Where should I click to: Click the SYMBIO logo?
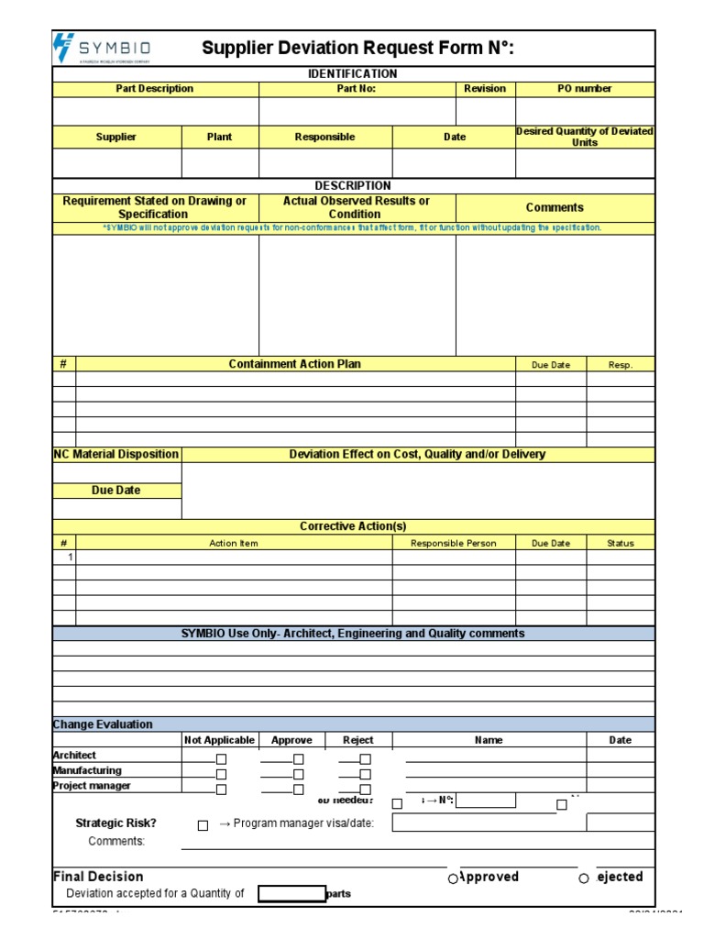pos(103,48)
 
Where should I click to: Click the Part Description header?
pos(155,89)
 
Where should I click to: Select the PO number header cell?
pos(585,89)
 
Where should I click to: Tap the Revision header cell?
pos(485,89)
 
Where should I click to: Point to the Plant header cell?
pos(220,137)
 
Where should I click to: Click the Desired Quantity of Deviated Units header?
pos(585,137)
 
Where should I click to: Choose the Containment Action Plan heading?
pos(295,364)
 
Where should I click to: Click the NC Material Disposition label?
pos(116,454)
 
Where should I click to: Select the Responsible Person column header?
pos(454,543)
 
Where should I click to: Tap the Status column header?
pos(621,543)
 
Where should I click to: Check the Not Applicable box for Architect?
pos(221,759)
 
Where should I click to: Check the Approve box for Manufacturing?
pos(299,774)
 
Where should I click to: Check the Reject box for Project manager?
pos(366,790)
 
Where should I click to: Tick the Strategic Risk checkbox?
pos(203,825)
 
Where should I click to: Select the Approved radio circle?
pos(453,878)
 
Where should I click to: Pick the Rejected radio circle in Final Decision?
pos(584,878)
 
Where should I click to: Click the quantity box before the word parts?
pos(291,894)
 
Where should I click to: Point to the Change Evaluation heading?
pos(103,724)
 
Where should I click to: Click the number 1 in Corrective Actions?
pos(70,558)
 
